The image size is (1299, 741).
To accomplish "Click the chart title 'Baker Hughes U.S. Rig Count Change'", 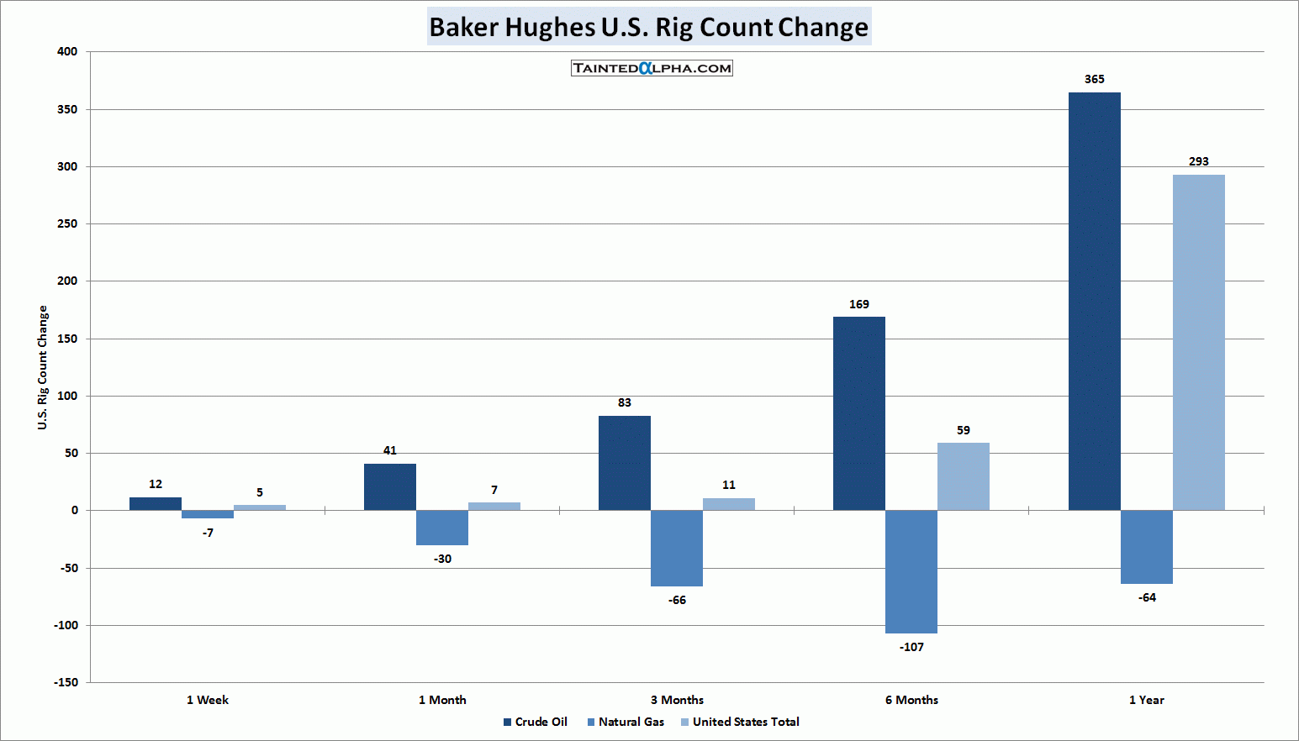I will [648, 27].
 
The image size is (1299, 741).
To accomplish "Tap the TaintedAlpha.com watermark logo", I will [652, 68].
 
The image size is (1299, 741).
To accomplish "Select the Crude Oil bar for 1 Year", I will [1094, 301].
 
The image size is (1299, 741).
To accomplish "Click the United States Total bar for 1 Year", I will [1198, 342].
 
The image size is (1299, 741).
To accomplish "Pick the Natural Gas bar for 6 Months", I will [911, 571].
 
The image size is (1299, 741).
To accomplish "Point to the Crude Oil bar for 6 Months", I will [858, 413].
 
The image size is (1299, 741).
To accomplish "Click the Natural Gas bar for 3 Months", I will [676, 548].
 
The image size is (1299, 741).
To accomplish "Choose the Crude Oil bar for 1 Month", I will [389, 487].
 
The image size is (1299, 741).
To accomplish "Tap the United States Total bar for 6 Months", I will [963, 476].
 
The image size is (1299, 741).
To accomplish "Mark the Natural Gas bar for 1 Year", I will [1146, 547].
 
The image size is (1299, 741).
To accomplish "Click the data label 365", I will [1094, 79].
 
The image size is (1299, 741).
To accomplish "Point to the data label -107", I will [911, 647].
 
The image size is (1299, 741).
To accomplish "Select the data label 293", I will [1198, 161].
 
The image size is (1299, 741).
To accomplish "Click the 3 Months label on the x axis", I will [677, 700].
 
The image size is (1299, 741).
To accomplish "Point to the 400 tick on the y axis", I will [67, 51].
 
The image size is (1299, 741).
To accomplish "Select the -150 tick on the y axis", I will [66, 682].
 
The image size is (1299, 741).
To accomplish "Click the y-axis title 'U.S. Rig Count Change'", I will [43, 368].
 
